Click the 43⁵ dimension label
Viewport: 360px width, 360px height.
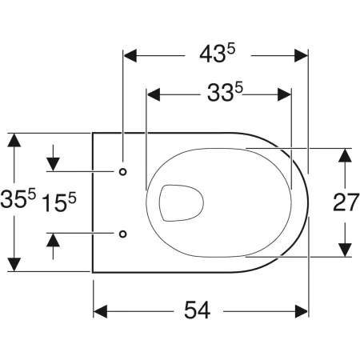coord(218,54)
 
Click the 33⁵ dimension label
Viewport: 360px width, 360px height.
coord(225,93)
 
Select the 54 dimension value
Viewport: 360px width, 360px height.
coord(198,310)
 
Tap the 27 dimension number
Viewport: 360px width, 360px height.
coord(346,202)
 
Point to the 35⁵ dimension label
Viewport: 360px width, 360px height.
coord(18,198)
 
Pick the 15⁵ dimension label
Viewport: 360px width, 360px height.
coord(59,202)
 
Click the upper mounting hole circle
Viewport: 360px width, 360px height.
coord(122,172)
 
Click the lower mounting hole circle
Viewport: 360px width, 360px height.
coord(122,234)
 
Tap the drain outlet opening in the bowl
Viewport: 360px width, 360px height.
coord(182,202)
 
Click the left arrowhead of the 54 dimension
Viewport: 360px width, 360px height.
coord(100,311)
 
